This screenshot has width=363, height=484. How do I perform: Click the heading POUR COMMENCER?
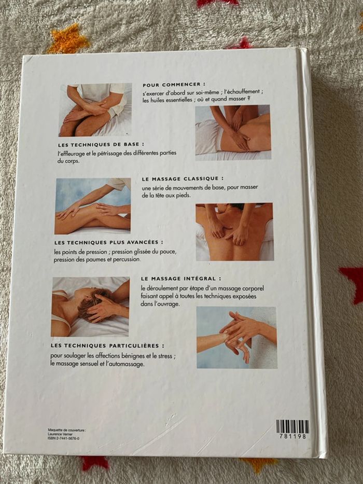click(174, 84)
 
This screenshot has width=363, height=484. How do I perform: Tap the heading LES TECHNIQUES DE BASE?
click(101, 144)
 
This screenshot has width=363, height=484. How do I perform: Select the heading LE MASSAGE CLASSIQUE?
click(183, 179)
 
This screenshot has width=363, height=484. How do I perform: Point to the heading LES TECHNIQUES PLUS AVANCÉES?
click(108, 243)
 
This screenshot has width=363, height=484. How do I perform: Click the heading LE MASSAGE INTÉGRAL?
click(181, 279)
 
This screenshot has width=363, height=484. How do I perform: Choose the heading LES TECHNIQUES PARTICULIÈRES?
click(107, 345)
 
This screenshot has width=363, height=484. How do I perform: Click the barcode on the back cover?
click(292, 426)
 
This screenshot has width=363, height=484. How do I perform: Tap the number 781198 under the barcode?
click(292, 436)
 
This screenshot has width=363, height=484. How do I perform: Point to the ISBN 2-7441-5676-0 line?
click(63, 438)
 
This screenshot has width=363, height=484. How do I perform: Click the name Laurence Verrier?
click(60, 434)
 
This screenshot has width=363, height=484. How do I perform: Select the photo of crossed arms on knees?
click(95, 110)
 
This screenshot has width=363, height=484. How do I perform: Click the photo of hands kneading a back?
click(234, 232)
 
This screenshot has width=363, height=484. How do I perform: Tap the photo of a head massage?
click(90, 307)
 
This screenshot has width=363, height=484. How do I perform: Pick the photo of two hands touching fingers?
click(237, 337)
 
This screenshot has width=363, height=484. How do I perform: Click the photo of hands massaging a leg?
click(93, 206)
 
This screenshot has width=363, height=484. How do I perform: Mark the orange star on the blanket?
click(67, 39)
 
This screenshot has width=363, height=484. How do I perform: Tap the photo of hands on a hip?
click(233, 132)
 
